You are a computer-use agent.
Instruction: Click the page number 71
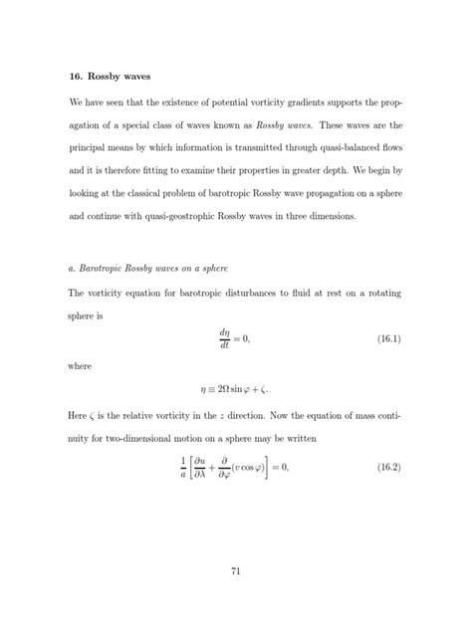[236, 571]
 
